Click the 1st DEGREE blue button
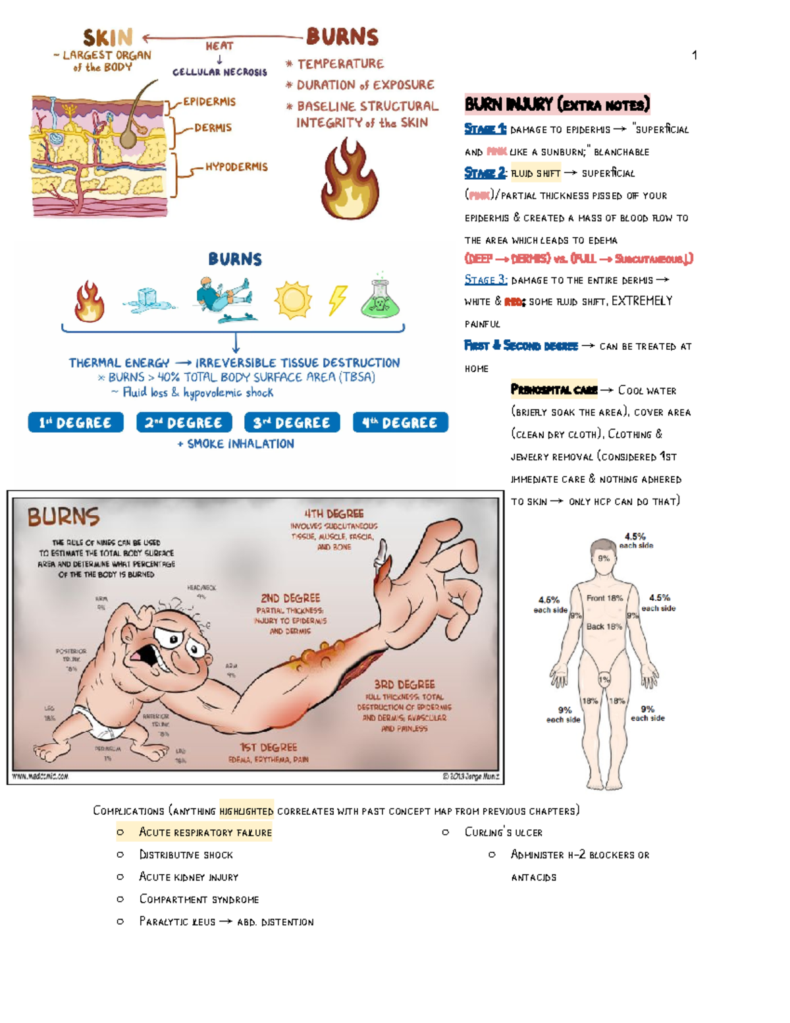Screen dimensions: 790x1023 [76, 422]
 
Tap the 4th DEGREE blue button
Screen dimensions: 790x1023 [400, 422]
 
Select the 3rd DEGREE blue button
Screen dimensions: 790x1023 [292, 422]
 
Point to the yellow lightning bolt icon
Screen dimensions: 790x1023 [338, 300]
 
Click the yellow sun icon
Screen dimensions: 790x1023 [293, 300]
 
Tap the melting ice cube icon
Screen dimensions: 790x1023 [149, 300]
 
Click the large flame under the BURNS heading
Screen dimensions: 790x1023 [350, 182]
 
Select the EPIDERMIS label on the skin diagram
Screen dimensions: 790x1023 [209, 101]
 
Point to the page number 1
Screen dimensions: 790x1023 [695, 55]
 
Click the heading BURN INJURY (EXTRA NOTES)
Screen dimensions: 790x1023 [557, 104]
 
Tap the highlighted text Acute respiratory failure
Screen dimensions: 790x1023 [205, 833]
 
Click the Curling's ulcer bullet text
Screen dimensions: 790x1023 [504, 833]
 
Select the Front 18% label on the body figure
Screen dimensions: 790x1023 [604, 598]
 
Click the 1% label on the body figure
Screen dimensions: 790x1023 [604, 679]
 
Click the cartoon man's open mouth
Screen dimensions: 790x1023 [144, 656]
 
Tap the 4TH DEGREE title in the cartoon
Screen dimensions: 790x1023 [334, 514]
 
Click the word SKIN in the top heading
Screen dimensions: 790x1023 [108, 38]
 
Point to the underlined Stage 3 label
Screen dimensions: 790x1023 [485, 280]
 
